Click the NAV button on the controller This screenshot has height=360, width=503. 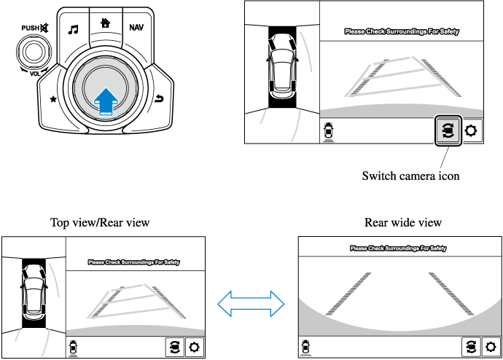point(136,28)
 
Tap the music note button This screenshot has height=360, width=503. point(73,30)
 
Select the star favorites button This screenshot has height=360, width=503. point(52,98)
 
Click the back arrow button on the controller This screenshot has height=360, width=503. point(159,98)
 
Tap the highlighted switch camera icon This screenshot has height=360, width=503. point(448,132)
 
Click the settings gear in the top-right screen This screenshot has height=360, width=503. point(472,132)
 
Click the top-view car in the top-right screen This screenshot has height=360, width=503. point(282,66)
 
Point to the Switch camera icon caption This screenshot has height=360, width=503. point(410,176)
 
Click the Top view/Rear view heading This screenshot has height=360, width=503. point(100,222)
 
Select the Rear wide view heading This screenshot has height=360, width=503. point(403,222)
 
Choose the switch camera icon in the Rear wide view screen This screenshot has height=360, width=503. point(472,347)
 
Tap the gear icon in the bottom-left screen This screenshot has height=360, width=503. point(194,347)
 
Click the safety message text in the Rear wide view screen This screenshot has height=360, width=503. point(397,249)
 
